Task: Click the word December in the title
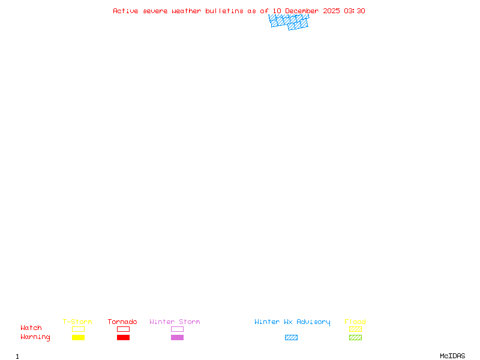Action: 302,11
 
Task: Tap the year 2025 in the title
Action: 331,11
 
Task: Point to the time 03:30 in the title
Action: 355,11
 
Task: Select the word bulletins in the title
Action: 224,11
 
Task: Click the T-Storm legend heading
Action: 77,322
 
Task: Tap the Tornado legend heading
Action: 122,322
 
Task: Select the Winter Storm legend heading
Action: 175,322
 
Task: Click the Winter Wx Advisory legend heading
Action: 292,322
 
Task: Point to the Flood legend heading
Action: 355,322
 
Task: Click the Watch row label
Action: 31,328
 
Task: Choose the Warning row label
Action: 35,337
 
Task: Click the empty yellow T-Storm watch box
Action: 79,329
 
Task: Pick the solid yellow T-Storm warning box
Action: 79,337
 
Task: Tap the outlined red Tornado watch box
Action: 124,329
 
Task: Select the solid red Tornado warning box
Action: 124,337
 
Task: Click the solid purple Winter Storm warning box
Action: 177,337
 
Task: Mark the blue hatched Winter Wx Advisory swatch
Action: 291,337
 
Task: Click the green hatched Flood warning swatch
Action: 355,337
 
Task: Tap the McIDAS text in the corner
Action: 452,356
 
